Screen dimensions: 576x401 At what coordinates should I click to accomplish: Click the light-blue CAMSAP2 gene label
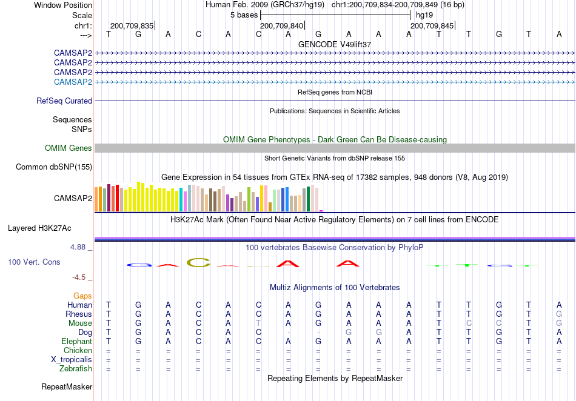(x=73, y=82)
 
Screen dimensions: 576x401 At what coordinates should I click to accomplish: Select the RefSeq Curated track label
(x=64, y=101)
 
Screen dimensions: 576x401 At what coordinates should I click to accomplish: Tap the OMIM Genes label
(x=69, y=148)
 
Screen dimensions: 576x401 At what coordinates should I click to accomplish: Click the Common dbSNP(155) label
(x=54, y=167)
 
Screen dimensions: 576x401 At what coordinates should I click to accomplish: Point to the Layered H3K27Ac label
(x=39, y=228)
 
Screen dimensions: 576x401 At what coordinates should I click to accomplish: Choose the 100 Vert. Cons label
(x=34, y=262)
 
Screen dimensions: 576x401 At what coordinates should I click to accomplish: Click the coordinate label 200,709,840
(x=282, y=25)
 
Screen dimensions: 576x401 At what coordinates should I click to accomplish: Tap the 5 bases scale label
(x=244, y=15)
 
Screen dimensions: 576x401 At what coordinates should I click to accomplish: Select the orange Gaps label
(x=82, y=296)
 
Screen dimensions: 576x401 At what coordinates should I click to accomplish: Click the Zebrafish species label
(x=76, y=368)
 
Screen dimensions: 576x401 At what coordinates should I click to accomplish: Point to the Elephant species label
(x=77, y=341)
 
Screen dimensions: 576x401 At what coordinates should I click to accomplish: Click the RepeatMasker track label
(x=67, y=386)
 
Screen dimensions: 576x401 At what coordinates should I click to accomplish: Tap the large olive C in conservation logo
(x=198, y=262)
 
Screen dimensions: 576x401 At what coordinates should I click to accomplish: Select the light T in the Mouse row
(x=259, y=323)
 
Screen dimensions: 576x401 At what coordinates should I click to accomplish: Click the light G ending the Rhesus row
(x=559, y=314)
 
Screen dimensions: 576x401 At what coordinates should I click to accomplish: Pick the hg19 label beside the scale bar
(x=424, y=15)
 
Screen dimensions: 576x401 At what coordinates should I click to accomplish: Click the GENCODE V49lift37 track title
(x=335, y=44)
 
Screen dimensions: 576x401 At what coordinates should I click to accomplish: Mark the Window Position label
(x=63, y=5)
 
